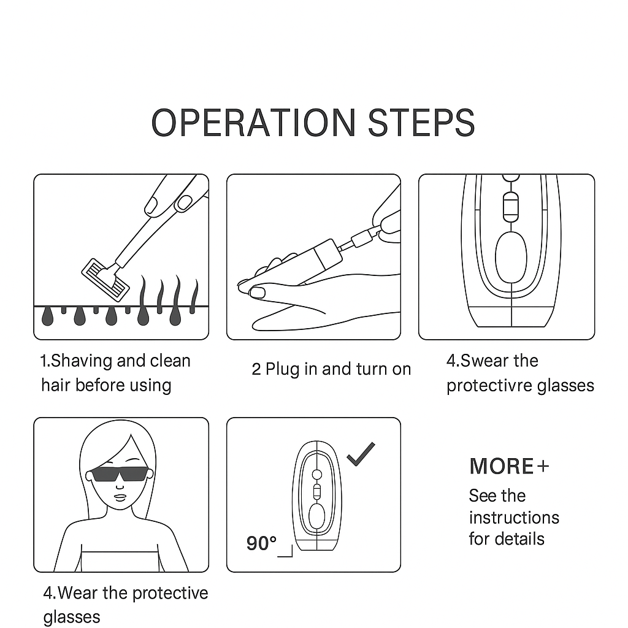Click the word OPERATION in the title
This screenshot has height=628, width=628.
click(x=253, y=123)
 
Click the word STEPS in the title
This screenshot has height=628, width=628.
click(x=421, y=123)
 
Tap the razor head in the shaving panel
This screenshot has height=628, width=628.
click(x=105, y=280)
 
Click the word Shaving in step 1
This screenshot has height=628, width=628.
click(x=82, y=361)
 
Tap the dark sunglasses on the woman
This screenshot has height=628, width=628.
click(x=119, y=474)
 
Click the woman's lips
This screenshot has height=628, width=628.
click(x=121, y=497)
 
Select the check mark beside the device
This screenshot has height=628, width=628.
click(x=361, y=454)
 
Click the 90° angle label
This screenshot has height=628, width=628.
click(x=261, y=543)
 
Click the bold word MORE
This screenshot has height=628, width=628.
click(x=502, y=466)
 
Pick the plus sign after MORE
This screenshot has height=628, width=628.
click(x=543, y=466)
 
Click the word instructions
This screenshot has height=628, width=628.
click(x=514, y=518)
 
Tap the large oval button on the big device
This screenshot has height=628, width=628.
click(x=511, y=257)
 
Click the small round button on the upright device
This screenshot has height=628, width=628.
click(x=317, y=475)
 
